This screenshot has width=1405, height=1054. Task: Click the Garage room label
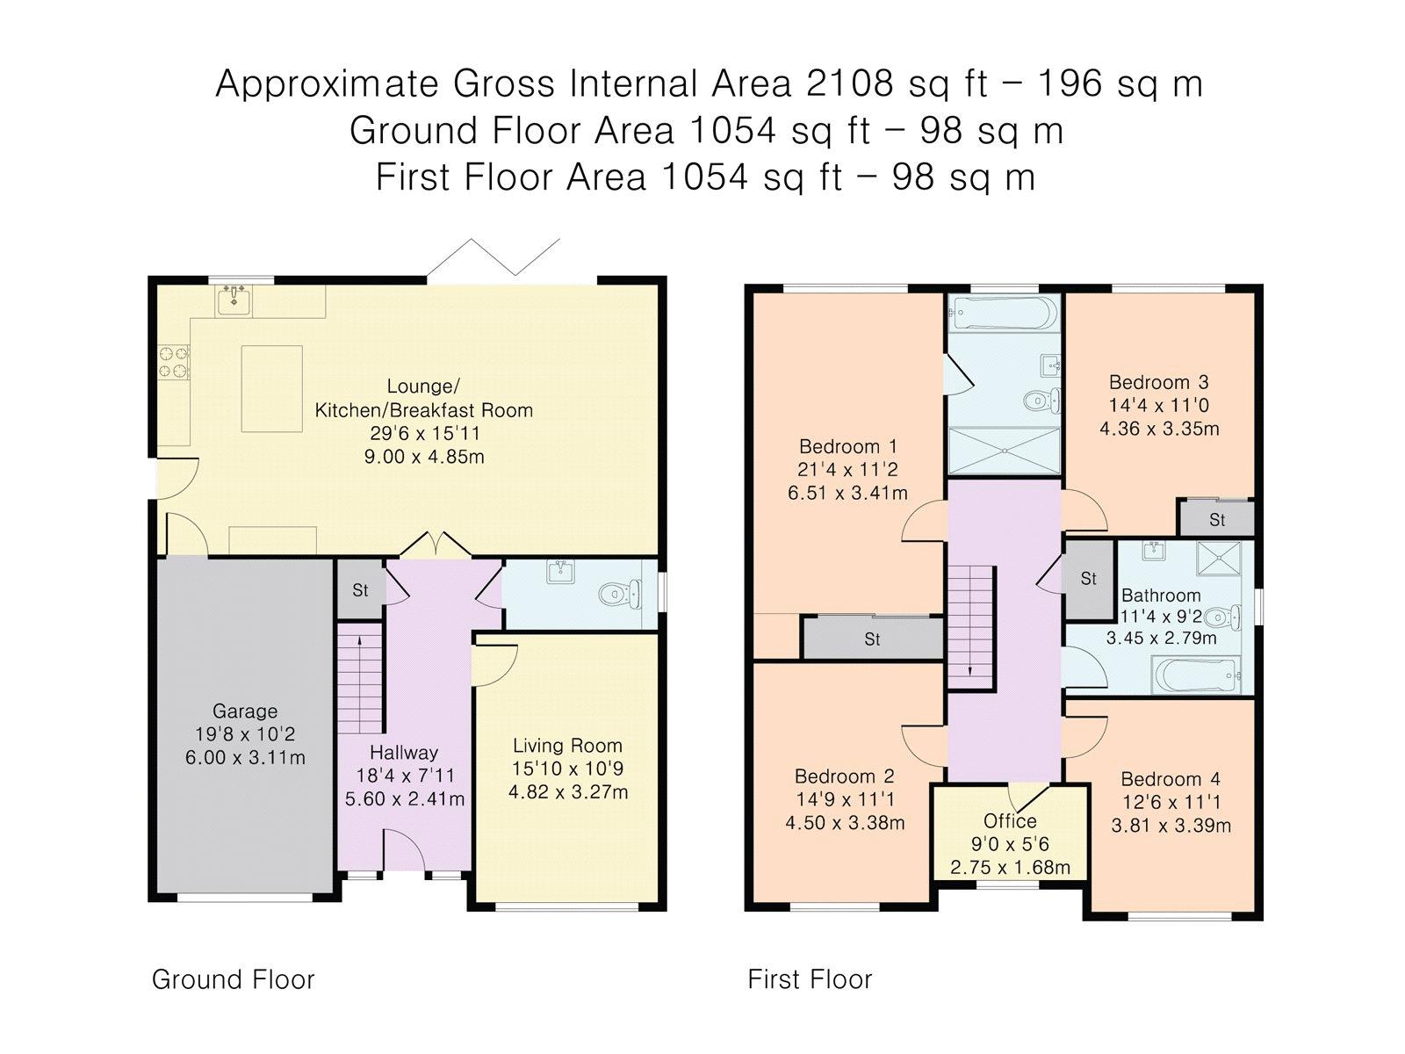click(244, 711)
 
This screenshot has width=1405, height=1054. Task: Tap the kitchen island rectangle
click(271, 388)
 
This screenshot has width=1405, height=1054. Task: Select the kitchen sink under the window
click(234, 300)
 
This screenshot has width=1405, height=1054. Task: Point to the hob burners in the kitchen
click(174, 362)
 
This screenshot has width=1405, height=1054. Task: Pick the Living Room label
click(568, 746)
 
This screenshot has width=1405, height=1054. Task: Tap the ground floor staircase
click(360, 683)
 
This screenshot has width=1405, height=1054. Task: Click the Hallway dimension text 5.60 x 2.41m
click(405, 798)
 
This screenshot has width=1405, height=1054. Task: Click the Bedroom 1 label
click(848, 446)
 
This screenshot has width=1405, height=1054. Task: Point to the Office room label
click(1010, 821)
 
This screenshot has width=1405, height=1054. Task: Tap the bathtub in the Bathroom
click(1196, 675)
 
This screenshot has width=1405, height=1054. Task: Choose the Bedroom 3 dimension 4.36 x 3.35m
click(1159, 428)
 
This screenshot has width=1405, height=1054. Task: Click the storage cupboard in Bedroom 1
click(873, 638)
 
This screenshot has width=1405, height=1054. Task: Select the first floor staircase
click(971, 628)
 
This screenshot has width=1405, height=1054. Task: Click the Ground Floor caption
click(233, 979)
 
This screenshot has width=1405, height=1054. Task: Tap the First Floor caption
click(810, 979)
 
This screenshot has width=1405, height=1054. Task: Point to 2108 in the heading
click(849, 83)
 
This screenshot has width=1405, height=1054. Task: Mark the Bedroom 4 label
click(1171, 779)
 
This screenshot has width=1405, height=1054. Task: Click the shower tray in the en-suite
click(1005, 451)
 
